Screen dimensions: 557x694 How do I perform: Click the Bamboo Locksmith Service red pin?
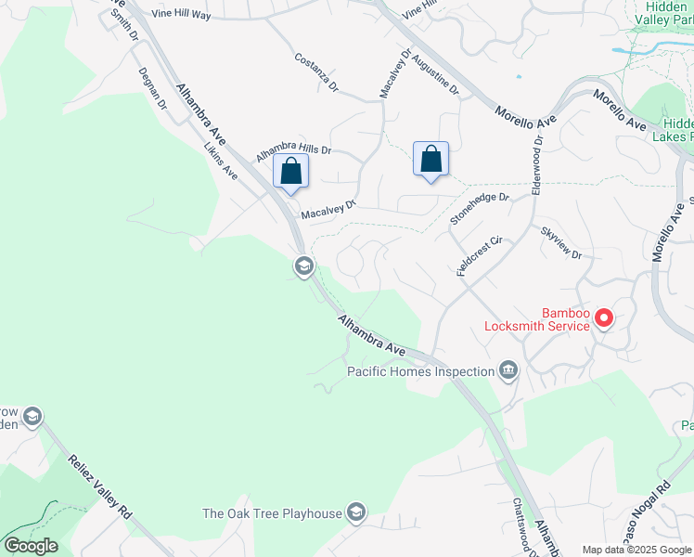click(603, 318)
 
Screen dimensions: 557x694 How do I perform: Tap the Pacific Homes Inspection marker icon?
click(508, 371)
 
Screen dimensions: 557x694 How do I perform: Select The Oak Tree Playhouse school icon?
click(355, 512)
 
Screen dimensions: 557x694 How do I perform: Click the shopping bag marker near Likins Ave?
click(291, 172)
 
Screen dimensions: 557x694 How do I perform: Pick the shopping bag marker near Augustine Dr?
click(431, 160)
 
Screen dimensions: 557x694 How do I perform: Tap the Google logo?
click(31, 545)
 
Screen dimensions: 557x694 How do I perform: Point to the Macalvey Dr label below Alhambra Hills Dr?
click(328, 210)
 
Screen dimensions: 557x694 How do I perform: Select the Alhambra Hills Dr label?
click(293, 149)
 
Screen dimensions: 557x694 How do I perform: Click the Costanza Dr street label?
click(317, 72)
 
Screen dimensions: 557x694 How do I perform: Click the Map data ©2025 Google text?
click(636, 550)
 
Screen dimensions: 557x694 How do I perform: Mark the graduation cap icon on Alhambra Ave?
click(303, 267)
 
